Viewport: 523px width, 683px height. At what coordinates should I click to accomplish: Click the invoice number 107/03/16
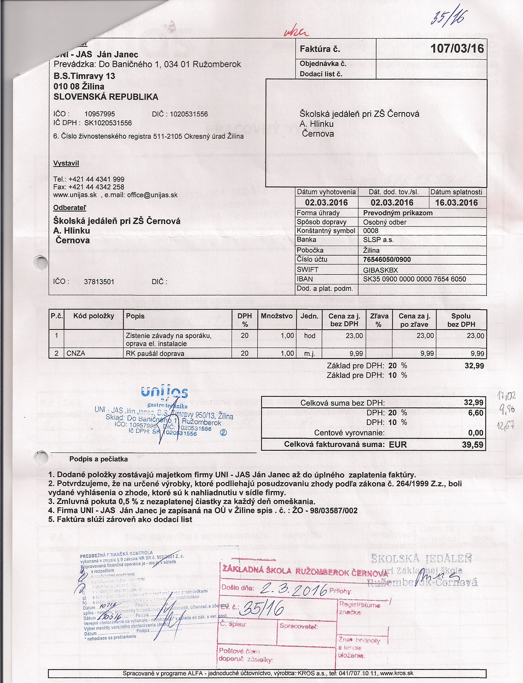click(457, 49)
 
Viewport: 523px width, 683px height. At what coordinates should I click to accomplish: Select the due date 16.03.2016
click(456, 203)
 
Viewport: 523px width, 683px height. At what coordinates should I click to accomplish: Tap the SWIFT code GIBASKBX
click(380, 270)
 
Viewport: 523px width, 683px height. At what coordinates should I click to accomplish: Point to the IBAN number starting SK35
click(414, 279)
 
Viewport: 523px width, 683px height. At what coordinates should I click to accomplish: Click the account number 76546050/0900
click(387, 259)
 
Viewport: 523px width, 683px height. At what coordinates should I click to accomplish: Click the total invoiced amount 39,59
click(473, 444)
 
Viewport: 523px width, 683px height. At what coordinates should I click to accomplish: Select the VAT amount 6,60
click(476, 413)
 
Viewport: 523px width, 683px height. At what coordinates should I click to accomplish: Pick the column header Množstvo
click(277, 316)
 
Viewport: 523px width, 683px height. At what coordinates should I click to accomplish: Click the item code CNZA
click(76, 353)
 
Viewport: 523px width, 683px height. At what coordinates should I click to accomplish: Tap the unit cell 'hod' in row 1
click(310, 336)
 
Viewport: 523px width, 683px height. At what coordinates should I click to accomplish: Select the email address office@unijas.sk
click(152, 195)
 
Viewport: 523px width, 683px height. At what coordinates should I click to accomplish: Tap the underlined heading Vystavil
click(66, 163)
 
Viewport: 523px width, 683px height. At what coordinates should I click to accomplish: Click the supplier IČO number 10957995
click(100, 114)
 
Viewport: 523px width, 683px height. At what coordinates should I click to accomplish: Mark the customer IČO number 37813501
click(99, 282)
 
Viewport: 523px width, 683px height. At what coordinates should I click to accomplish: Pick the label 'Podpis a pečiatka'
click(98, 459)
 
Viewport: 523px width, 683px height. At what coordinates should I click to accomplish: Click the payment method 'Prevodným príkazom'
click(398, 213)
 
